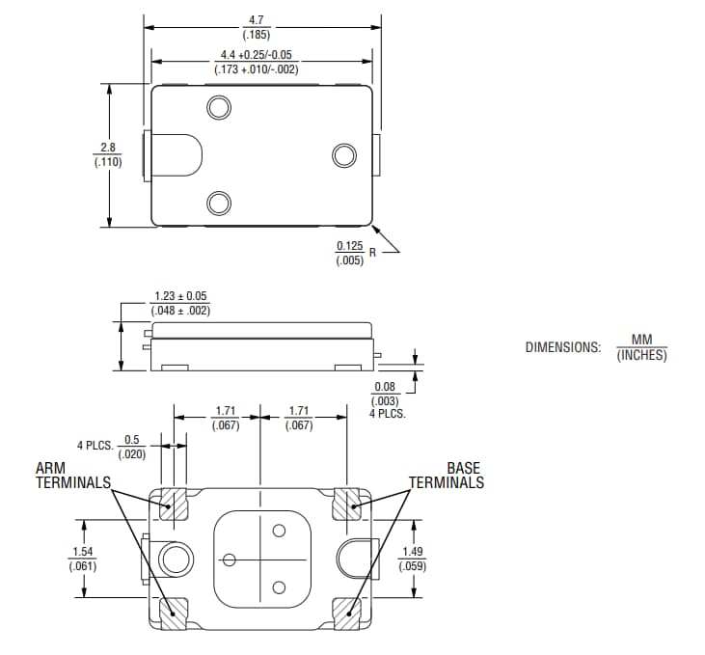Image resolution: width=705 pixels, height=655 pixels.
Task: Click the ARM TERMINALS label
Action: coord(72,475)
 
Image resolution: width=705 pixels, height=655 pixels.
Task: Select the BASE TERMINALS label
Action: coord(447,475)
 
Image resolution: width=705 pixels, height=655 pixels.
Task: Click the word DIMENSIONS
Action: coord(562,346)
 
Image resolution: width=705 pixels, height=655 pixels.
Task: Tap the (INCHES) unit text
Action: coord(641,355)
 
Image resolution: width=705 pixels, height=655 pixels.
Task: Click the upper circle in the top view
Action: coord(219,106)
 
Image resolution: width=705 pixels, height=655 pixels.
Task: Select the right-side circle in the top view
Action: coord(343,155)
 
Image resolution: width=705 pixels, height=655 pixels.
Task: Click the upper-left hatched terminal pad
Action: coord(174,504)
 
